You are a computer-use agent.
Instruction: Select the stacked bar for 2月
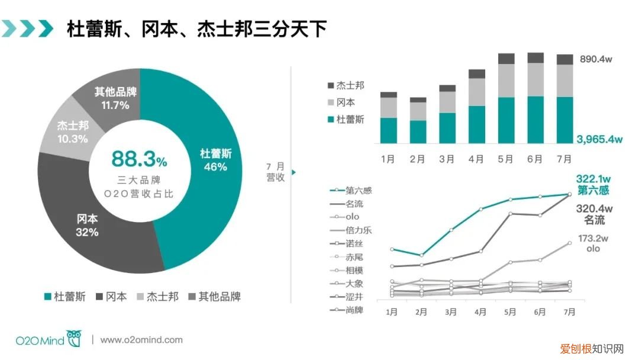tap(418, 121)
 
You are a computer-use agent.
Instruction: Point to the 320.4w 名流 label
tap(593, 214)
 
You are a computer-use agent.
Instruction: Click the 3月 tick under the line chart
tap(450, 311)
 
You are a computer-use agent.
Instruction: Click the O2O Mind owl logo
tap(75, 339)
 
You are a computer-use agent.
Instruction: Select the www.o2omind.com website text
tap(141, 340)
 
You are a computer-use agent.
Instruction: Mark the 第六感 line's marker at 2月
tap(421, 255)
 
